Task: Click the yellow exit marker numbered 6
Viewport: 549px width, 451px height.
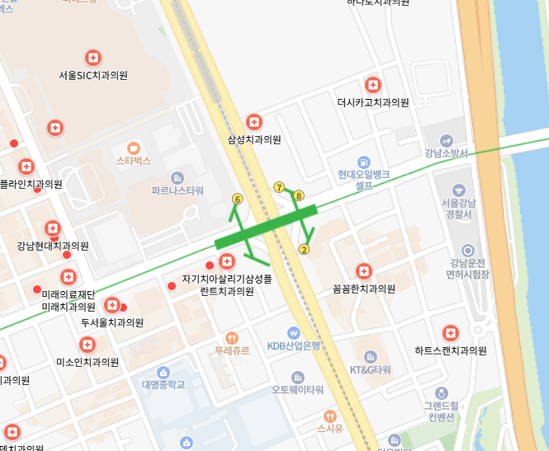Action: [x=238, y=199]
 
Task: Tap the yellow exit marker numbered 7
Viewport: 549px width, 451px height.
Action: [x=279, y=188]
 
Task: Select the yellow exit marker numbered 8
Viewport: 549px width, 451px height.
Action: [x=299, y=195]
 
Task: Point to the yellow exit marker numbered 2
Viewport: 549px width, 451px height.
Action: [x=304, y=250]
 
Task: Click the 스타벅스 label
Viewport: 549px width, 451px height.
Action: [x=134, y=161]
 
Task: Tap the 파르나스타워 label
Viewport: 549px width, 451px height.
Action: [x=177, y=190]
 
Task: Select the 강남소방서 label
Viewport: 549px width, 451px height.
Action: [x=446, y=153]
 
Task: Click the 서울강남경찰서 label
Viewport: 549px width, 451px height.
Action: [x=456, y=209]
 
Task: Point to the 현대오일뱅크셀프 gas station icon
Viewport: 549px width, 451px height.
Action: [x=364, y=162]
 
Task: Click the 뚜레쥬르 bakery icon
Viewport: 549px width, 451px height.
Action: [x=231, y=337]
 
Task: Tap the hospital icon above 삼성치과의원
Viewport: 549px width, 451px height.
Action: [x=254, y=122]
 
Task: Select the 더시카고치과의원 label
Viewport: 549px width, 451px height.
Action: [x=373, y=103]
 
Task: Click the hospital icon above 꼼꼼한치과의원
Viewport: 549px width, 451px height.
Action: [x=363, y=270]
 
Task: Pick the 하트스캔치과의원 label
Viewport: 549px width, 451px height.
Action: [x=450, y=350]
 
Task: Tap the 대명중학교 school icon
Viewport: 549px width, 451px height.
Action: [x=163, y=372]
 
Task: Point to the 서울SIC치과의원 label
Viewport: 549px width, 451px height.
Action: [x=93, y=75]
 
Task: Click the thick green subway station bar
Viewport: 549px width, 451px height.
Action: [x=266, y=228]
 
